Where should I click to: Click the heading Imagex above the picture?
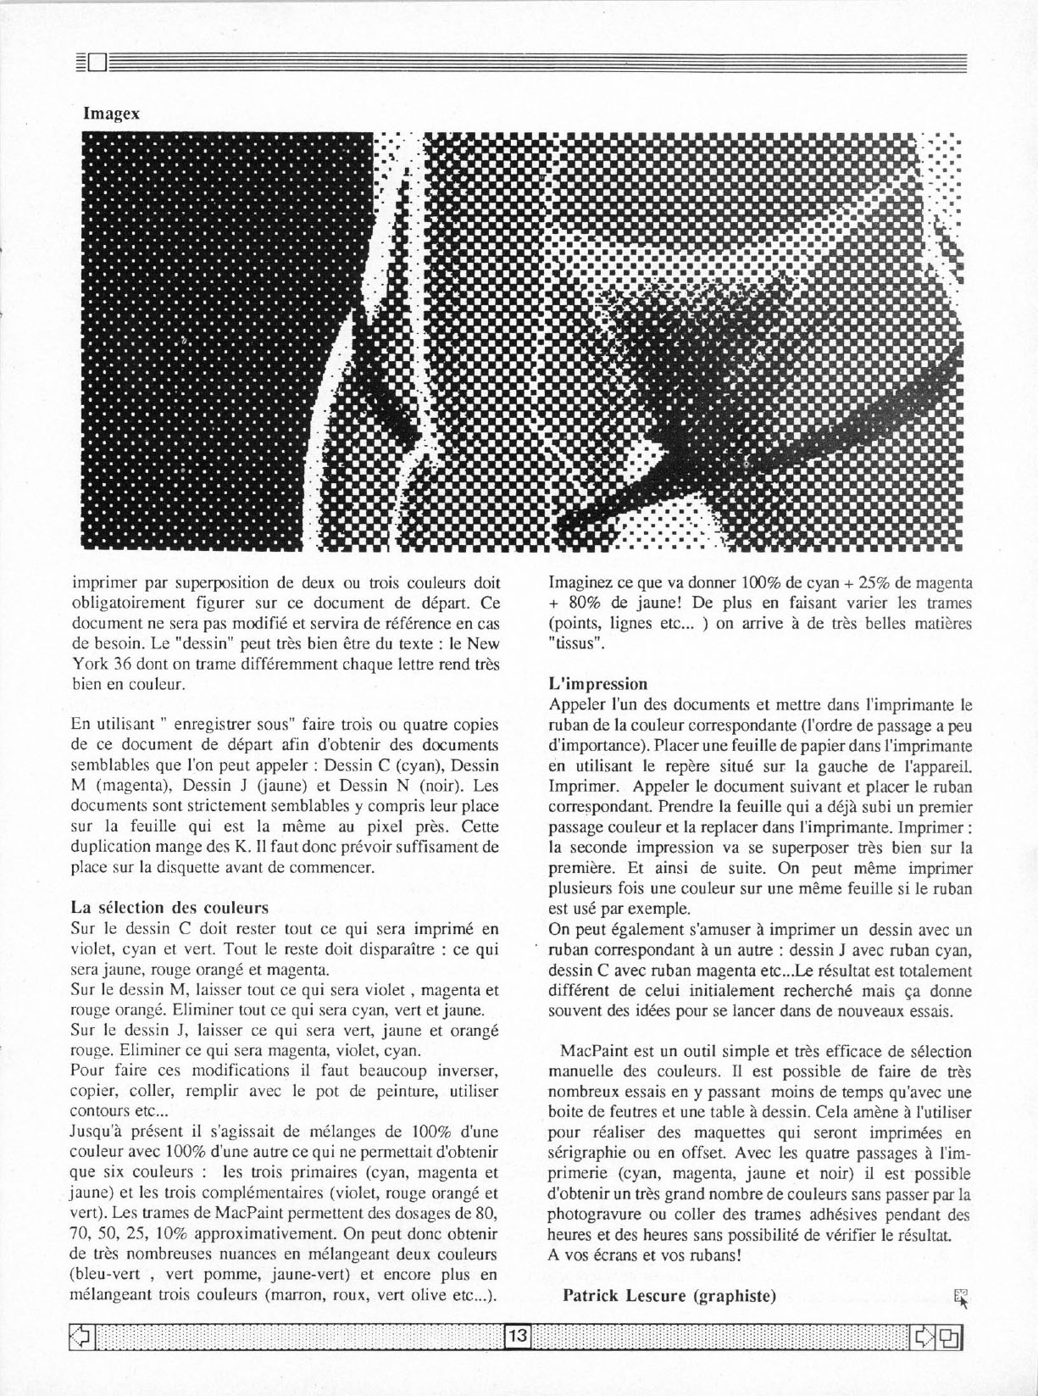pyautogui.click(x=111, y=113)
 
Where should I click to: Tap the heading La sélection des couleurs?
pyautogui.click(x=169, y=908)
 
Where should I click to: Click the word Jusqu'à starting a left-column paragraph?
pyautogui.click(x=95, y=1132)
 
